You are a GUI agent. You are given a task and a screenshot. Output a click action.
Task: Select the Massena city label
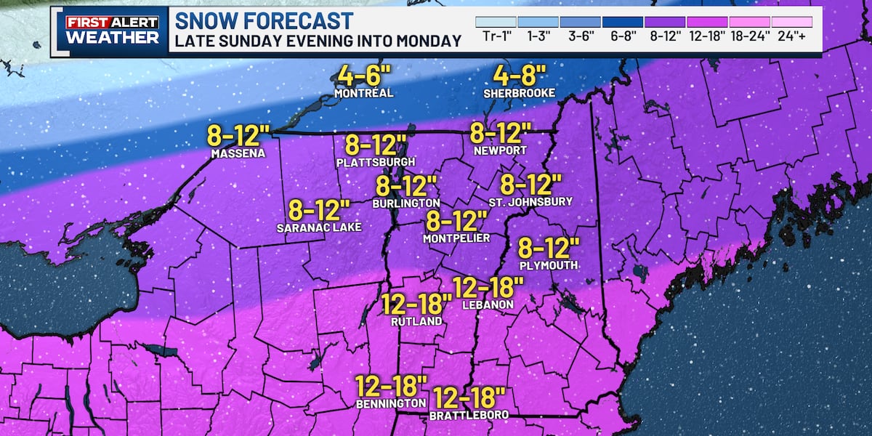237,154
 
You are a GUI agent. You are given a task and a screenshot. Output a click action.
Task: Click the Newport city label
500,150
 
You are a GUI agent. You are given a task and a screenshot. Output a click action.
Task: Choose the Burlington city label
407,203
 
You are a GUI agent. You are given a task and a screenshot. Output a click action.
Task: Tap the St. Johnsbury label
531,201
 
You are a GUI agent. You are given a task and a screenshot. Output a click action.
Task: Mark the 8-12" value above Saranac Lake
320,210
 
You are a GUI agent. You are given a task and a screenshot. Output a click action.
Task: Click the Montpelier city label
456,238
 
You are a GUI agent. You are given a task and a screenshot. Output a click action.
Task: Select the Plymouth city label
549,266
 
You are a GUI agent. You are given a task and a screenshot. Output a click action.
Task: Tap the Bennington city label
391,403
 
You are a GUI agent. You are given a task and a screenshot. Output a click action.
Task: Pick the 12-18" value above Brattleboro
469,397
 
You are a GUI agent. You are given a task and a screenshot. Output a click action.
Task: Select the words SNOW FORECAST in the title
264,20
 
